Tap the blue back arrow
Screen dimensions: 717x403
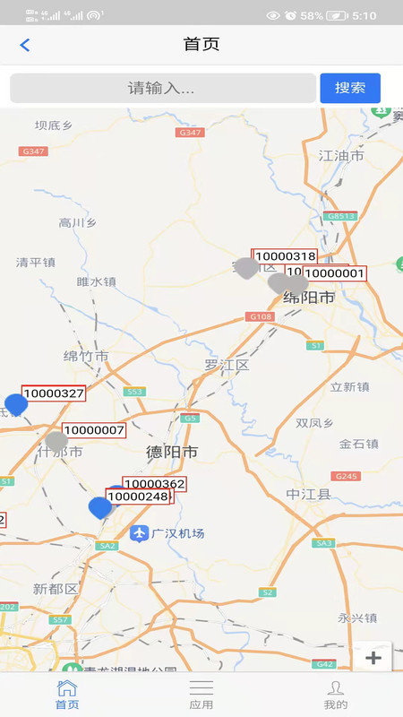point(25,45)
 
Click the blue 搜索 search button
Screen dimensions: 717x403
point(350,88)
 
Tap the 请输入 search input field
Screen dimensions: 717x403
point(162,88)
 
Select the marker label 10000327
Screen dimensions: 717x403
point(54,393)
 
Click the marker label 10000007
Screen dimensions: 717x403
point(93,430)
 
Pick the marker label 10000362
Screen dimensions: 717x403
point(154,484)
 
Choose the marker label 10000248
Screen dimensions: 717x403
point(138,497)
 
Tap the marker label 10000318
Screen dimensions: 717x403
point(285,256)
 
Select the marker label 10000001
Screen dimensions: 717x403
point(334,273)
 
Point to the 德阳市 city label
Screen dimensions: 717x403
point(172,453)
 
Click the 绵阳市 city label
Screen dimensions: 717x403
point(309,297)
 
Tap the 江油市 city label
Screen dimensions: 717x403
point(341,156)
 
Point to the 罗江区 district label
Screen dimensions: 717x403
point(226,365)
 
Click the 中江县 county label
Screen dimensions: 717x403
point(309,494)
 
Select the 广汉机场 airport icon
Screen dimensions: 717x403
point(138,533)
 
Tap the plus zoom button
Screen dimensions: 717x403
point(373,658)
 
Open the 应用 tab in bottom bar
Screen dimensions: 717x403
point(201,695)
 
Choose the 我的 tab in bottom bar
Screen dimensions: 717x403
point(336,695)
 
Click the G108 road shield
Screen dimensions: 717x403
point(260,316)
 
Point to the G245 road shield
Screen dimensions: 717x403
point(347,476)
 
